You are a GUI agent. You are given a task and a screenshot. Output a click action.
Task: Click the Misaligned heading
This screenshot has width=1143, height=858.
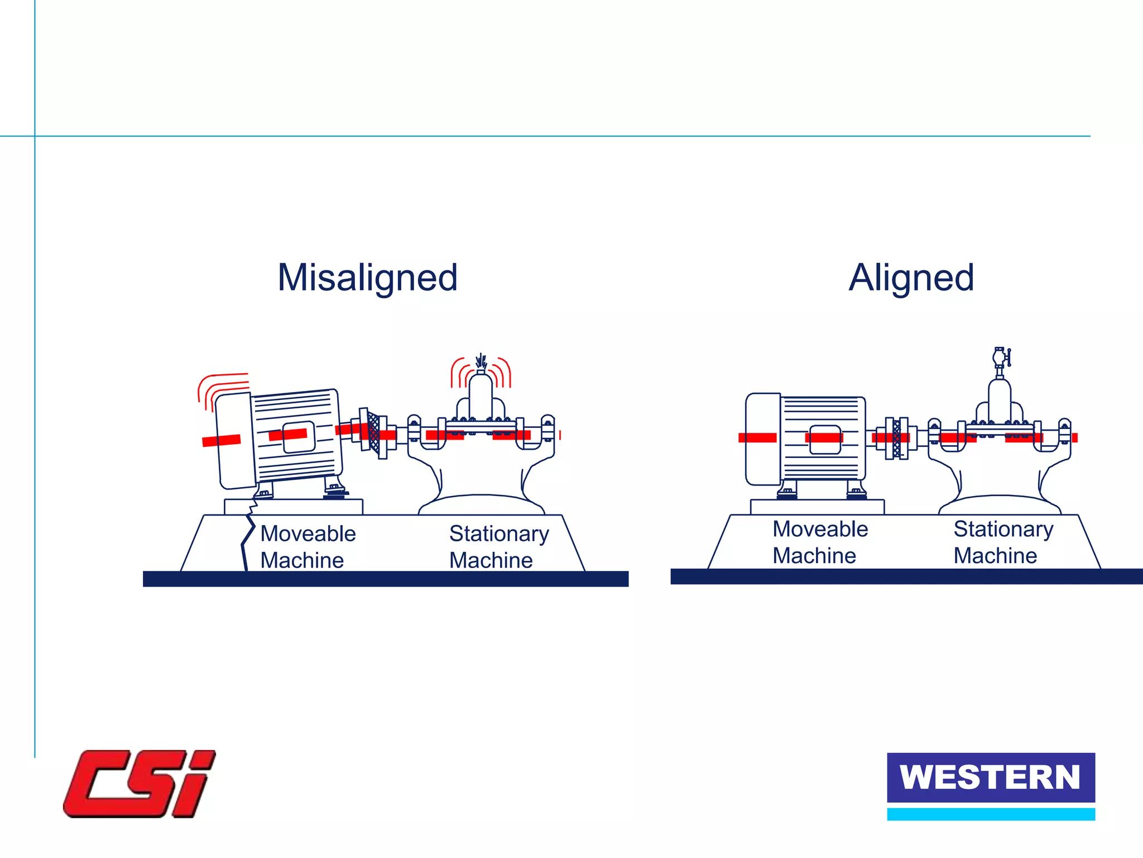point(367,278)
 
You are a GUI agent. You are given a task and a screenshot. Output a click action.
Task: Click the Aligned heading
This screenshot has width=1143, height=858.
point(911,278)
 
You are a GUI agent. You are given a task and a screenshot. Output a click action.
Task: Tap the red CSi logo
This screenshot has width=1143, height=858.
point(139,784)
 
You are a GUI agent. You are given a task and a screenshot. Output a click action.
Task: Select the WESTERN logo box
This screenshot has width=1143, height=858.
point(991,777)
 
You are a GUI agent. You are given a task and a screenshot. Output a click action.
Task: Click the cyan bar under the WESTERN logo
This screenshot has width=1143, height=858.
point(991,814)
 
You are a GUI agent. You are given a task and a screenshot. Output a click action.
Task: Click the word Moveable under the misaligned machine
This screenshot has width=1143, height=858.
point(308,533)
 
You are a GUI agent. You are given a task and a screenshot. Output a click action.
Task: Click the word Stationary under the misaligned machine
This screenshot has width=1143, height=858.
point(499,533)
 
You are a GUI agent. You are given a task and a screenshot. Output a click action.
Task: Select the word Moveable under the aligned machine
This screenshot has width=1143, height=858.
point(820,529)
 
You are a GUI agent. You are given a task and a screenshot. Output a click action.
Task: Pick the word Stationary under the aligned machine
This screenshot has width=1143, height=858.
point(1003,529)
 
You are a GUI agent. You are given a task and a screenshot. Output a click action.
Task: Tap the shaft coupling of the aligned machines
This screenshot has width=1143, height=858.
point(897,438)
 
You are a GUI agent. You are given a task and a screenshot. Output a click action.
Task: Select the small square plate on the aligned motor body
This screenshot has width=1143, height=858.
point(824,440)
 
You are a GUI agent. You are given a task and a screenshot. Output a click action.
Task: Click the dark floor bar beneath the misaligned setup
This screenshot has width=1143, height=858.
point(385,579)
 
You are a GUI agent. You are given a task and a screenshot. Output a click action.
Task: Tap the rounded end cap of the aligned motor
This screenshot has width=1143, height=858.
point(763,439)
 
